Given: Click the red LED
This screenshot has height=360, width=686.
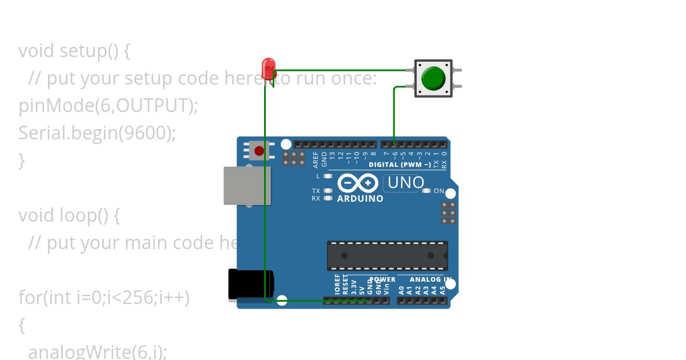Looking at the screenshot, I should tap(268, 69).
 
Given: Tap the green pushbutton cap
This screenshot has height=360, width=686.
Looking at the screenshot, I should tap(433, 78).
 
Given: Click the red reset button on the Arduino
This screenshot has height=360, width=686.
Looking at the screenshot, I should tap(259, 151).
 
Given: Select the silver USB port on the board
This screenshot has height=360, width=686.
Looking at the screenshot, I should tap(246, 186).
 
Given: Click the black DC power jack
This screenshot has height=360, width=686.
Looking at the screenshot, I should tap(250, 284).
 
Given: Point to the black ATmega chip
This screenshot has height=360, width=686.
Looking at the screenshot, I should tap(387, 255).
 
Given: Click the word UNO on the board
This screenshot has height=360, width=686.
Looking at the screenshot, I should tap(405, 183).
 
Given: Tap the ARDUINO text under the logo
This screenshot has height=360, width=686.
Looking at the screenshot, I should tap(360, 199).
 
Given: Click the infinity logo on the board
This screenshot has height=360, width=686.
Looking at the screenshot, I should tap(357, 183).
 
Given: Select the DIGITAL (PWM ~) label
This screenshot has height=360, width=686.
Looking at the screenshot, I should tap(400, 165).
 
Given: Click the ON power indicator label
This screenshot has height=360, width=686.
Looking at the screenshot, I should tap(438, 191).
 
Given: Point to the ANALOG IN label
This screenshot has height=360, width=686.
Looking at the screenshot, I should tap(434, 279).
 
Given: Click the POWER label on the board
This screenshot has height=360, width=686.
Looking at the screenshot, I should tap(382, 279).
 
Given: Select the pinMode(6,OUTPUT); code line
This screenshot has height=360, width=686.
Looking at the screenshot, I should tap(108, 106).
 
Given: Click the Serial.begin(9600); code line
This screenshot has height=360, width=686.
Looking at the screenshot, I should tap(97, 133).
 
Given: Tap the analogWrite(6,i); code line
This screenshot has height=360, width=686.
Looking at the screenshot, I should tap(97, 351).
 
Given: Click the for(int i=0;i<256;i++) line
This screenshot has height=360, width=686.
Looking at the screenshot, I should tap(103, 298).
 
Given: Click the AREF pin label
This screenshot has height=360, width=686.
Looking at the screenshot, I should tap(316, 159).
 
